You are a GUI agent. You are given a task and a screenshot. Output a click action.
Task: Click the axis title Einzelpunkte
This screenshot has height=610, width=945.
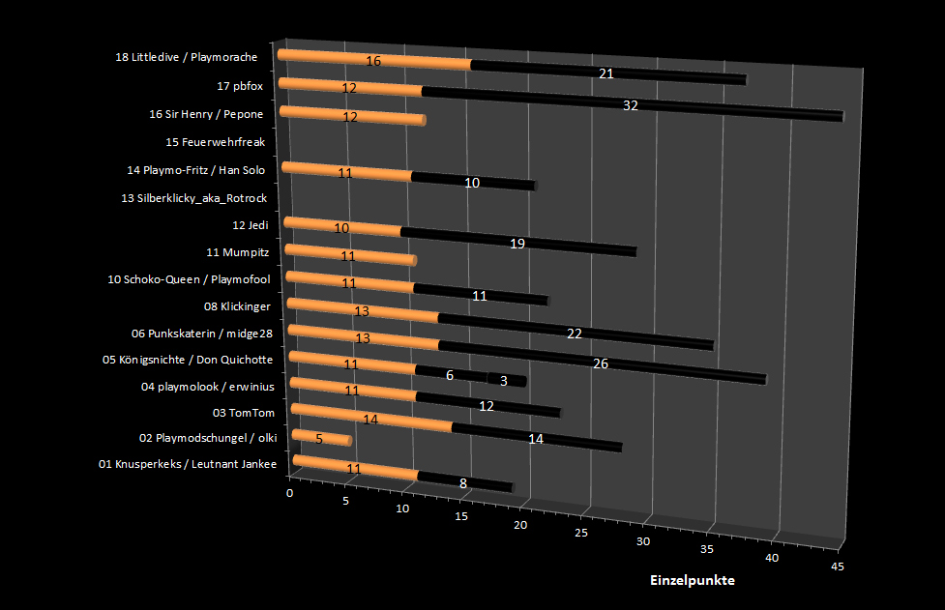pos(692,580)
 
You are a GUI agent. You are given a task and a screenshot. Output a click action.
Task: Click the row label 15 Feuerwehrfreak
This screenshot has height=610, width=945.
pos(215,142)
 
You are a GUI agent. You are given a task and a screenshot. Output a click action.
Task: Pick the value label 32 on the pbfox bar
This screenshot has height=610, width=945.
pos(631,105)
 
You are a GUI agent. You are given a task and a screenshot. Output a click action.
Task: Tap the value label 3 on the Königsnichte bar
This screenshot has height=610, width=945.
pos(505,380)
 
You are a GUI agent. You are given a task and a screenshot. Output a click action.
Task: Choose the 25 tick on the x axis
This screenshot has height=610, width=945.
pos(581,533)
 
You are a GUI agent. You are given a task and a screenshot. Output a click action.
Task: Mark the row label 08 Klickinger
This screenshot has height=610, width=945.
pos(237,306)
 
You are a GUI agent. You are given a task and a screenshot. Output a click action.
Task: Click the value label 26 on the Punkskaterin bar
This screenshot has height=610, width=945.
pos(600,363)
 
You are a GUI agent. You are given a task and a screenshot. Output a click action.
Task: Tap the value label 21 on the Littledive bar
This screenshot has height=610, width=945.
pos(606,73)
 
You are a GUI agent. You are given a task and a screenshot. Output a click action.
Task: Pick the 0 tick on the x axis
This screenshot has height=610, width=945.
pos(290,493)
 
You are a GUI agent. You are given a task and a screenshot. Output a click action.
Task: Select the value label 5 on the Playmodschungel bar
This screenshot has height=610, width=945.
pos(318,438)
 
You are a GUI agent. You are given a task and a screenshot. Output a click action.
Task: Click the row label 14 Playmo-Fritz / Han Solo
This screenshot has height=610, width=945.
pos(195,170)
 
